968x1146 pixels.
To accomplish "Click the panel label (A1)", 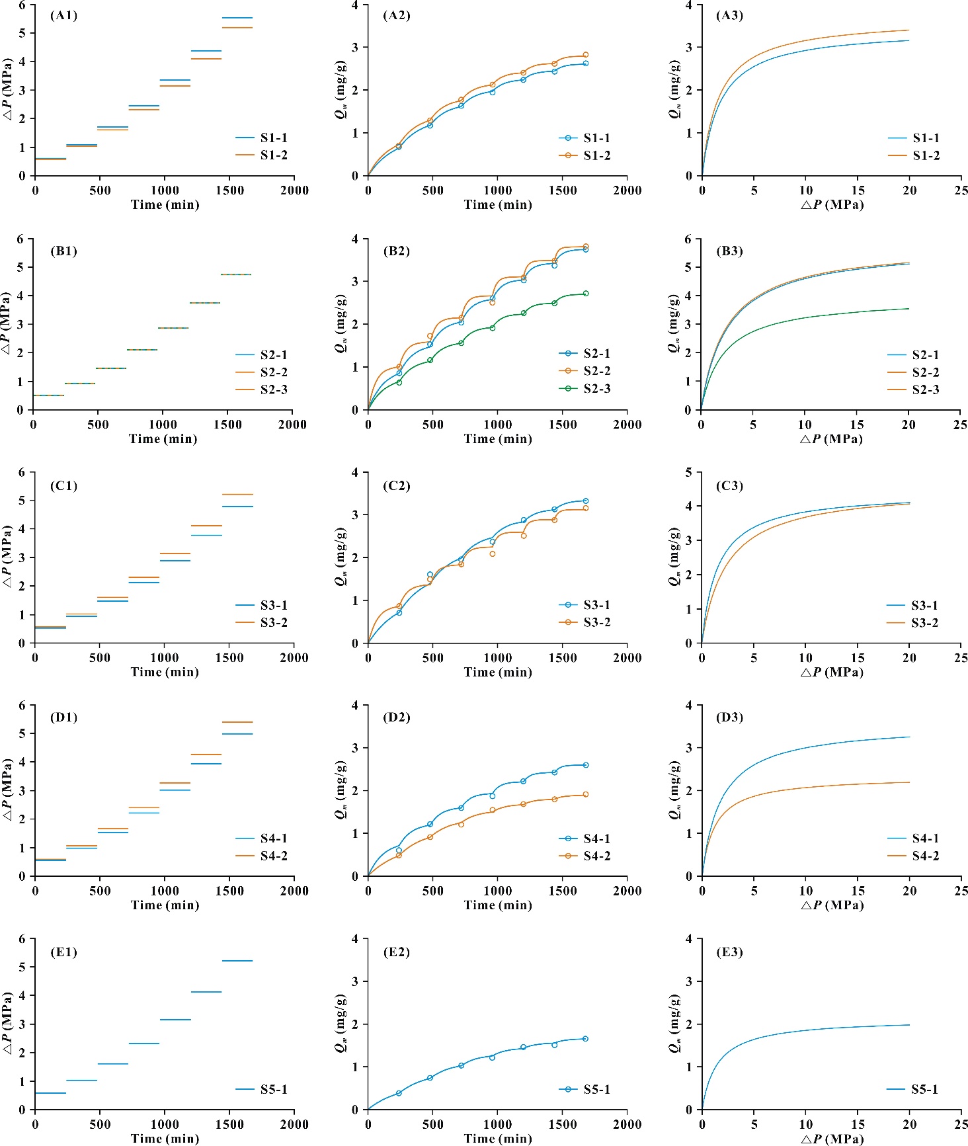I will (63, 16).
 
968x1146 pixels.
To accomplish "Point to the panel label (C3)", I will (729, 486).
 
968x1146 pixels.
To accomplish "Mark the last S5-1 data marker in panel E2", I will (585, 1039).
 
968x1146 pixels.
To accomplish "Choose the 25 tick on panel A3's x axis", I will (961, 190).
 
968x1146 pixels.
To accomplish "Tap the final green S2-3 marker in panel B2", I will (585, 294).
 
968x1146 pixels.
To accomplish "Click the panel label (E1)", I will (63, 952).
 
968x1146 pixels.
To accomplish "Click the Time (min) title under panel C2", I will (498, 673).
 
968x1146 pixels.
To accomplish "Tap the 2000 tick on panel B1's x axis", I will (292, 425).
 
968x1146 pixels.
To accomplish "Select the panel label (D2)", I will (397, 717).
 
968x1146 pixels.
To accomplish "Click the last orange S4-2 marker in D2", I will (585, 795).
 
